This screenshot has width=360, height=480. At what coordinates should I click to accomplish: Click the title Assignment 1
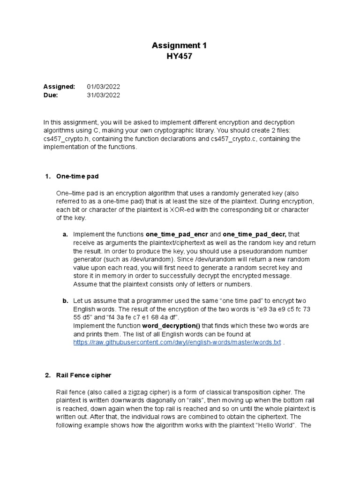pos(180,45)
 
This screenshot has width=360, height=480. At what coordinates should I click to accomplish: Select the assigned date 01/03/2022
pos(104,87)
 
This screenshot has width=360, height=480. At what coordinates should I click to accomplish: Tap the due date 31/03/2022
pos(104,95)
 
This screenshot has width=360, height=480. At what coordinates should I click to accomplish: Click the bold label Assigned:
pos(59,87)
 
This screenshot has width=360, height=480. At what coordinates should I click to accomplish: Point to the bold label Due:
pos(51,95)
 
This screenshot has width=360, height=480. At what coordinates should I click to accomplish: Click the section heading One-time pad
pos(77,176)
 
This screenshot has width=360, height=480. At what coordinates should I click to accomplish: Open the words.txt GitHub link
pos(177,343)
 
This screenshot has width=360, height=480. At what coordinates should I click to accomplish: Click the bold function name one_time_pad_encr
pos(177,234)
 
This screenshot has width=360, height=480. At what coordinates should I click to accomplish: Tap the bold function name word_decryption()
pos(168,326)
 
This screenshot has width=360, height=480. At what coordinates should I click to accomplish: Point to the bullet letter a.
pos(65,234)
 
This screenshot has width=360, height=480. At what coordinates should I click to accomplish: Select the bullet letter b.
pos(65,300)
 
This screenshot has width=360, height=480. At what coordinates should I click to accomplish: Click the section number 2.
pos(47,375)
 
